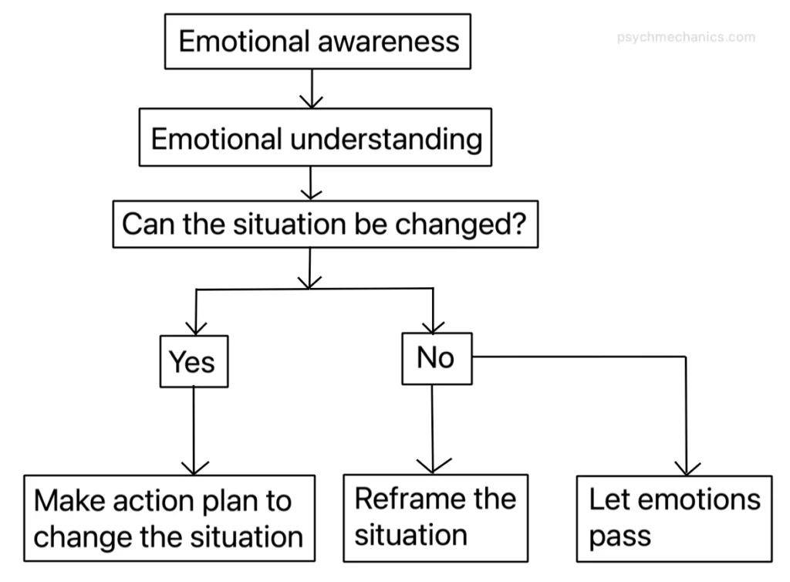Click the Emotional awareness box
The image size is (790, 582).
pyautogui.click(x=318, y=41)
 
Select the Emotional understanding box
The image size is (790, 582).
pyautogui.click(x=315, y=137)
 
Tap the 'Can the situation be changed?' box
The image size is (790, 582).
pyautogui.click(x=325, y=225)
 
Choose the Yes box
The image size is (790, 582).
pyautogui.click(x=193, y=361)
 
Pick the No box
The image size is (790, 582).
pyautogui.click(x=436, y=358)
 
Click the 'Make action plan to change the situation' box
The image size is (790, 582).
pyautogui.click(x=169, y=518)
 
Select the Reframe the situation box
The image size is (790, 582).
pyautogui.click(x=435, y=517)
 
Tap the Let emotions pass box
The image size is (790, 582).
pyautogui.click(x=674, y=518)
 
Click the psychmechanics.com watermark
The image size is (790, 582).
pyautogui.click(x=686, y=36)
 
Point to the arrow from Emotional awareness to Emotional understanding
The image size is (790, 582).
pyautogui.click(x=311, y=89)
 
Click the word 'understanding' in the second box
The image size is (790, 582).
pyautogui.click(x=387, y=139)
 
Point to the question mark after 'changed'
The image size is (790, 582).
pyautogui.click(x=521, y=225)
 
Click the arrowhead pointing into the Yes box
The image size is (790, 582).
pyautogui.click(x=196, y=327)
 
